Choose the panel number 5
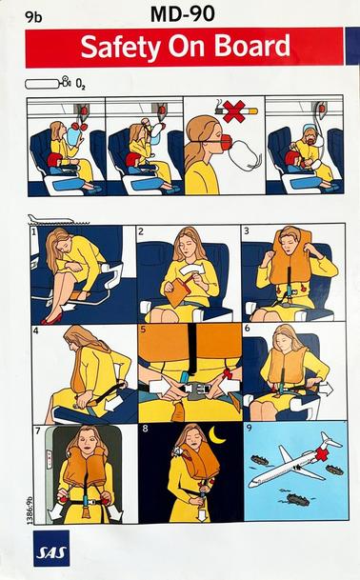pos(142,331)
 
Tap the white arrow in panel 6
pos(322,388)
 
